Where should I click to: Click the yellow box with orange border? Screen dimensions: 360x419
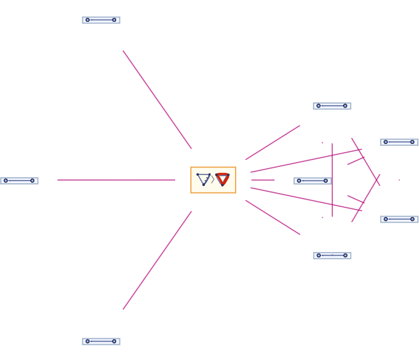(x=213, y=180)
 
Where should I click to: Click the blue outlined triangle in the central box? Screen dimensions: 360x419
(x=203, y=179)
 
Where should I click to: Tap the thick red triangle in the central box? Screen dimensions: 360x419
(x=223, y=179)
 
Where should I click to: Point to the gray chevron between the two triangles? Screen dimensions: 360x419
(x=213, y=179)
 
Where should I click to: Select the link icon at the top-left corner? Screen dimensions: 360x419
(x=101, y=20)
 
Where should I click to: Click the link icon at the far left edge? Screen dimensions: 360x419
(x=19, y=181)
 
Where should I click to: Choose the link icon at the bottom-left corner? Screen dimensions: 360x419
(x=101, y=341)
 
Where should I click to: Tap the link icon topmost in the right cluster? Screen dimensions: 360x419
(x=332, y=106)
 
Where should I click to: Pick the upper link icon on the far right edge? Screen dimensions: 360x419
(x=399, y=142)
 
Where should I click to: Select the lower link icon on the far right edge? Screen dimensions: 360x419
(x=399, y=219)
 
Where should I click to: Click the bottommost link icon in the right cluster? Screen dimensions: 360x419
(x=332, y=255)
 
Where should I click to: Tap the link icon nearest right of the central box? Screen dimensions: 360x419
(x=312, y=181)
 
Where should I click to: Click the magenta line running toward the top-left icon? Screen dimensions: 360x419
(x=157, y=99)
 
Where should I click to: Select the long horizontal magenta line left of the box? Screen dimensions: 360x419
(x=116, y=180)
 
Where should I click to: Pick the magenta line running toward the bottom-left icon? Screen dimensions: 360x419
(x=157, y=261)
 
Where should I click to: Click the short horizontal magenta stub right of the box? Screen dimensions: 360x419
(x=262, y=180)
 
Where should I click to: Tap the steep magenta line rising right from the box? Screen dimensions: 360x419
(x=272, y=143)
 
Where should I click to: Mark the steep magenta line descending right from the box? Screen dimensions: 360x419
(x=272, y=217)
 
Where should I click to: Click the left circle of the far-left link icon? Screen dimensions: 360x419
(x=6, y=181)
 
